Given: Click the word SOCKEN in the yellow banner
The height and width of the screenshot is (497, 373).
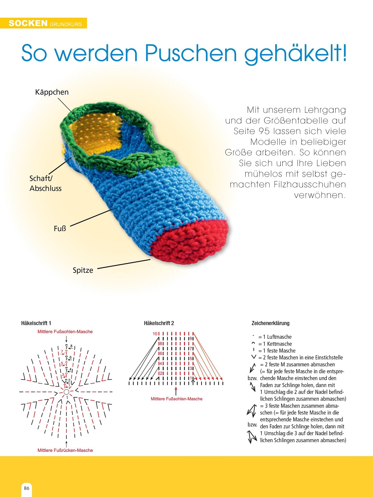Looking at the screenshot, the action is point(28,23).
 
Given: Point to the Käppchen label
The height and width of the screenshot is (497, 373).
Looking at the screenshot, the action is point(52,92).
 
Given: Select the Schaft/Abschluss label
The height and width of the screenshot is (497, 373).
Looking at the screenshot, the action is point(45,183).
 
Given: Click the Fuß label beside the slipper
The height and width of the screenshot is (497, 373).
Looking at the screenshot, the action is point(60,229).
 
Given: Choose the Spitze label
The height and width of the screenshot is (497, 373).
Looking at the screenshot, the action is point(83,270).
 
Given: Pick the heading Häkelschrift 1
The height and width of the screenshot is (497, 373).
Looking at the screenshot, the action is point(36,323).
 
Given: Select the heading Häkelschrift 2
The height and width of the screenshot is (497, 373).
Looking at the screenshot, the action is point(159,323).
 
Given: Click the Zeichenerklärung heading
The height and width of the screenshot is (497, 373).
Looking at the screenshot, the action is point(271,323).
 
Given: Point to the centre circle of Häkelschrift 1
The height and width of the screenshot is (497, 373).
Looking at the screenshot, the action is point(66,392).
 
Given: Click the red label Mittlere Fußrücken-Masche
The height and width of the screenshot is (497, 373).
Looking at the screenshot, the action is point(65,450).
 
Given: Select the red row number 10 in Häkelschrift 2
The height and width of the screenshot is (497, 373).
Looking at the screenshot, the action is point(155,334).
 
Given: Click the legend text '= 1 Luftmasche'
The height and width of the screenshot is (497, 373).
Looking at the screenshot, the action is point(275,337).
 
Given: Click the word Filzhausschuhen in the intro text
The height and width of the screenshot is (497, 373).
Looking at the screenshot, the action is point(310,184).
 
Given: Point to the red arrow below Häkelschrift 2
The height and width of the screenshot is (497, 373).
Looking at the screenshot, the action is point(176,391).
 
